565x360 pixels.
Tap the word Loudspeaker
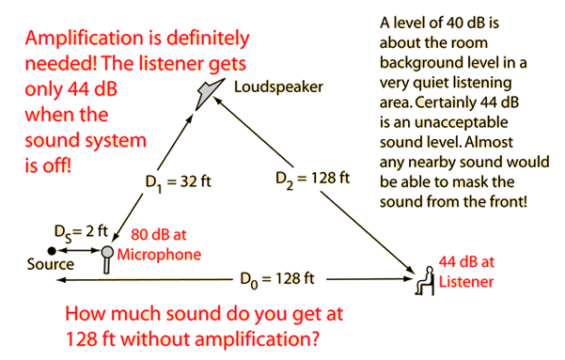(278, 87)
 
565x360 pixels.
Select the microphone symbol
(106, 259)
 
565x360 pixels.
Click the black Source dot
(52, 250)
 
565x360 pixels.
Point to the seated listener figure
(425, 281)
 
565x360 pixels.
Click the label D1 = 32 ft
(178, 182)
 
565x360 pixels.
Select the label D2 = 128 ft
(312, 180)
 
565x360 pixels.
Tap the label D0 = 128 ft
(277, 280)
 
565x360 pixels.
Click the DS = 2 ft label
(81, 232)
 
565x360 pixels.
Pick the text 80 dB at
(159, 235)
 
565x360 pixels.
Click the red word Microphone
(159, 255)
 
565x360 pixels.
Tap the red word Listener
(466, 281)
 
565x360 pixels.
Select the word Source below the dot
(51, 264)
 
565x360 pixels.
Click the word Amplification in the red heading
(85, 39)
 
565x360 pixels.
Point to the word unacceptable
(462, 122)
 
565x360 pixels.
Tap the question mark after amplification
(314, 338)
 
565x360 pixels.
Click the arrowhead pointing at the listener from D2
(411, 270)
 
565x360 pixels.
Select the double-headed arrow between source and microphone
(79, 250)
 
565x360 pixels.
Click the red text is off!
(48, 166)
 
